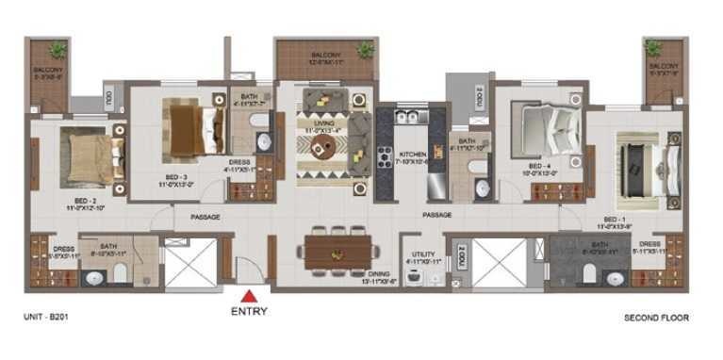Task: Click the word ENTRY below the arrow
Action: click(250, 311)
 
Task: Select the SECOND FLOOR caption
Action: click(656, 319)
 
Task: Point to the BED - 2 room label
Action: click(78, 200)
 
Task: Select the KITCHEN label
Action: click(413, 154)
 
